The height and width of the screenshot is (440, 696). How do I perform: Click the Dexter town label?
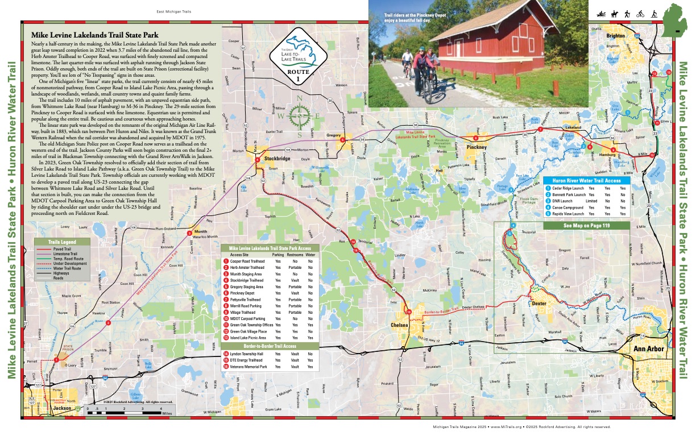(x=538, y=303)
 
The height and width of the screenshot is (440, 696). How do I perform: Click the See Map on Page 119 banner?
(x=587, y=226)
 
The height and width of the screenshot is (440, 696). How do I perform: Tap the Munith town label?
(x=200, y=232)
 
